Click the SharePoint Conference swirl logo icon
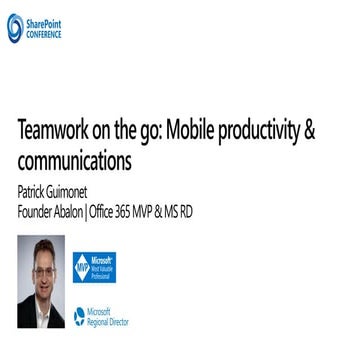pyautogui.click(x=15, y=28)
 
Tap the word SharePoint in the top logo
pyautogui.click(x=44, y=23)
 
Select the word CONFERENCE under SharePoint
pyautogui.click(x=44, y=33)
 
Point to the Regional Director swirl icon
pyautogui.click(x=79, y=319)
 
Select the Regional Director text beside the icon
pyautogui.click(x=108, y=319)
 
